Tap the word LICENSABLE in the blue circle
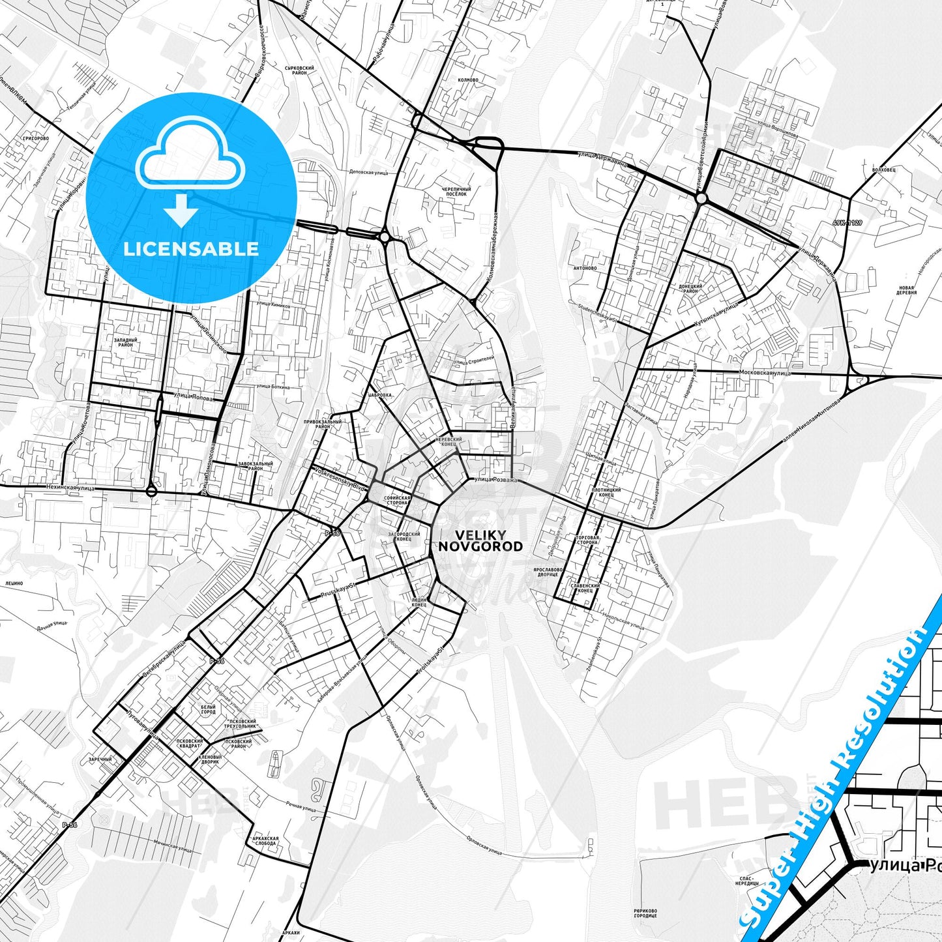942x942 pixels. (191, 248)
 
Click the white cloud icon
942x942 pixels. (190, 162)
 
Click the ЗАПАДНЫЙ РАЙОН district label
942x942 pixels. (126, 342)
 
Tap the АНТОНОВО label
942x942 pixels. (585, 268)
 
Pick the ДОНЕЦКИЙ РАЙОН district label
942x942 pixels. (690, 289)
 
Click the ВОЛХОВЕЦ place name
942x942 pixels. (883, 168)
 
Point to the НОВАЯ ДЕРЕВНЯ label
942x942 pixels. (907, 290)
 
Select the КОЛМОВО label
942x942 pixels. (469, 80)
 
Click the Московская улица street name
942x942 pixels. (765, 373)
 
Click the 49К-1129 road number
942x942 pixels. (847, 223)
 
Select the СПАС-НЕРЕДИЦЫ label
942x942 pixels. (745, 881)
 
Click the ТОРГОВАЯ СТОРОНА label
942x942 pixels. (587, 540)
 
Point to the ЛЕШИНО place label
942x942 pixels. (14, 583)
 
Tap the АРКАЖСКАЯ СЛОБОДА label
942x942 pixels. (266, 841)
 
